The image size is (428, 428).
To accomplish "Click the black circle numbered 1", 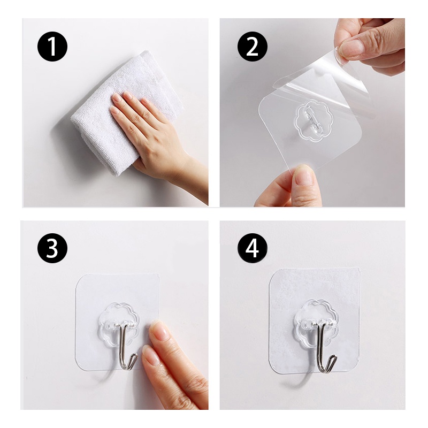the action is point(52,47).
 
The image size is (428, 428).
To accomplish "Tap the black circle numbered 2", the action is point(253,47).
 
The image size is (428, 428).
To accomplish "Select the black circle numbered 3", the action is point(52,248).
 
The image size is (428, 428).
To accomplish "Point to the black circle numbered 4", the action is point(253,248).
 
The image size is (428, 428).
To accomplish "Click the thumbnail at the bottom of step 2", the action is point(304,176).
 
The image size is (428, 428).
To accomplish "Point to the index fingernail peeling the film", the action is point(352,47).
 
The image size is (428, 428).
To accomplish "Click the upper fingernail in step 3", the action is point(159,330).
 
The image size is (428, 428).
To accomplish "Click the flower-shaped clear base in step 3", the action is point(119,325).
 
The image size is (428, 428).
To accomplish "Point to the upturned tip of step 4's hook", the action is point(334,357).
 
